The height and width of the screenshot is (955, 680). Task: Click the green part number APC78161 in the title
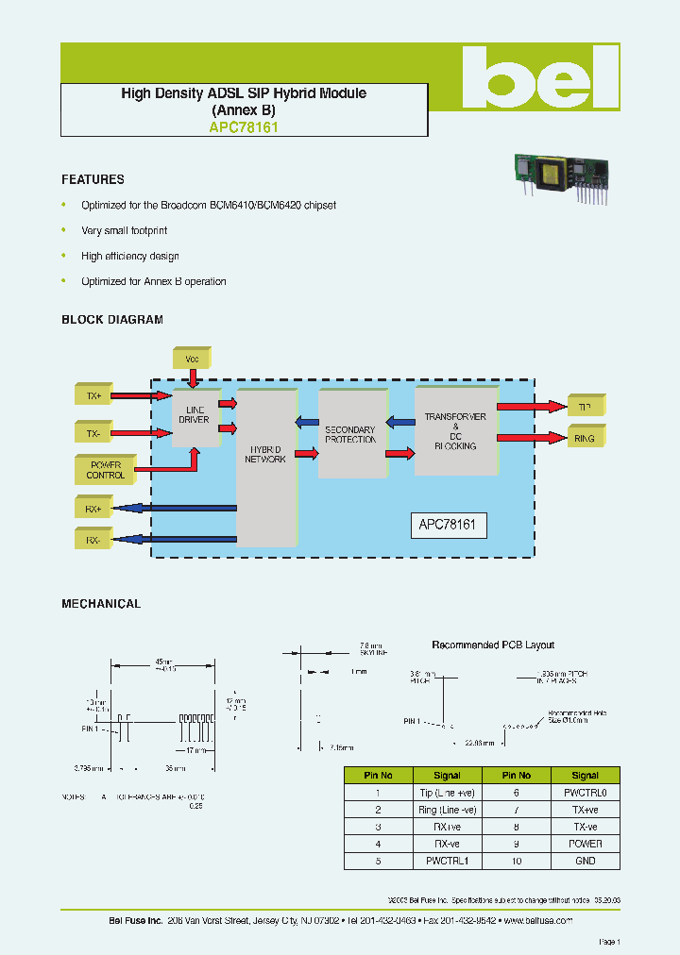pyautogui.click(x=244, y=125)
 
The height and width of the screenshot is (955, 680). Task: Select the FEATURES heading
pyautogui.click(x=93, y=179)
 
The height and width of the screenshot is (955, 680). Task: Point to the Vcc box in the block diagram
pyautogui.click(x=192, y=359)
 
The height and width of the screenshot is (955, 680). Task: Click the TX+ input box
pyautogui.click(x=93, y=396)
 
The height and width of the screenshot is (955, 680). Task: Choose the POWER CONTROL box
pyautogui.click(x=105, y=469)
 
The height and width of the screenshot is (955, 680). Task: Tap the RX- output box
pyautogui.click(x=93, y=540)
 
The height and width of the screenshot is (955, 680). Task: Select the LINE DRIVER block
pyautogui.click(x=195, y=415)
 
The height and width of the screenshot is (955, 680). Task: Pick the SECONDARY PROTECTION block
pyautogui.click(x=350, y=434)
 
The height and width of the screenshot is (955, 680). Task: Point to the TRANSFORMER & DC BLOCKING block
pyautogui.click(x=455, y=430)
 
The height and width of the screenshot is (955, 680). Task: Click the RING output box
pyautogui.click(x=585, y=438)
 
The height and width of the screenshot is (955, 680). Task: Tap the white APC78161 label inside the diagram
pyautogui.click(x=449, y=526)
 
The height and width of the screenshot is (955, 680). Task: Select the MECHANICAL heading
pyautogui.click(x=101, y=604)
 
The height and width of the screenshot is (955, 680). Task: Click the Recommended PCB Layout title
pyautogui.click(x=493, y=645)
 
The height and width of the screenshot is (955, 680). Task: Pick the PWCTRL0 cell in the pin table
pyautogui.click(x=585, y=794)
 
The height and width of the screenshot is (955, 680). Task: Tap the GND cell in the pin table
pyautogui.click(x=585, y=861)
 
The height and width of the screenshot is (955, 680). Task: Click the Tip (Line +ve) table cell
pyautogui.click(x=447, y=794)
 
